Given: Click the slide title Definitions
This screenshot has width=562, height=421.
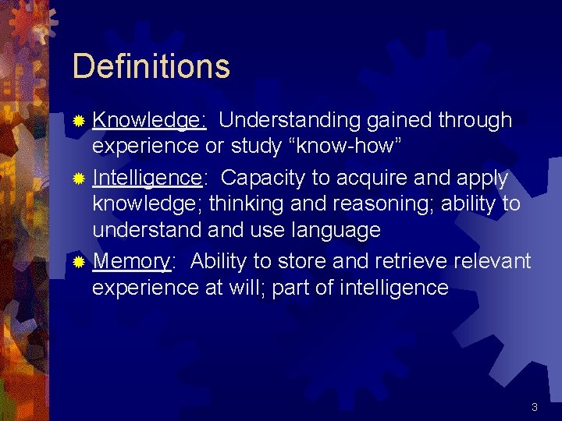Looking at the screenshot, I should point(151,66).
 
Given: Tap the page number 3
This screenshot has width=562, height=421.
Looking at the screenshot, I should point(534,407).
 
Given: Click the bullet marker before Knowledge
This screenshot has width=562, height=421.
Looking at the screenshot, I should point(78,121).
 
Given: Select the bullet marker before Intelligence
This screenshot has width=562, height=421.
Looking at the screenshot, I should point(78,179).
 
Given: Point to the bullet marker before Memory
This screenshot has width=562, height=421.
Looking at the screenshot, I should point(78,261).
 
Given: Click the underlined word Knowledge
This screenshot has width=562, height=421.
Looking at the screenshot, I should point(148,121).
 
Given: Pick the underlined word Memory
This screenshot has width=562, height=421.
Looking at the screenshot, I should point(130,261).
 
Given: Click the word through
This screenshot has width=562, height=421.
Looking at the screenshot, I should point(475,121).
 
